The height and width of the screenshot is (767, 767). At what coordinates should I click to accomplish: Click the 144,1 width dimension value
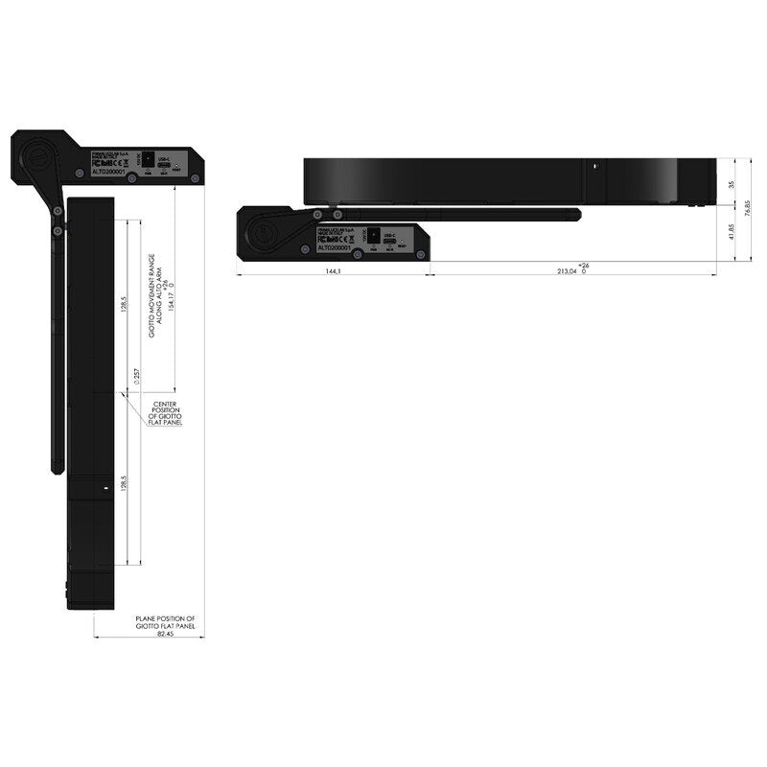(333, 271)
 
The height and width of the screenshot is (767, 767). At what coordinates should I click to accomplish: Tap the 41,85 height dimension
(731, 232)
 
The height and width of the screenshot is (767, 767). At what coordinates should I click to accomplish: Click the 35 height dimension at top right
(731, 183)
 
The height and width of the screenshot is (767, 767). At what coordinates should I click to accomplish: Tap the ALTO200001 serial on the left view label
(108, 174)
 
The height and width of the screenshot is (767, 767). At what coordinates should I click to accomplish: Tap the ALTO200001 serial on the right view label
(334, 247)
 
